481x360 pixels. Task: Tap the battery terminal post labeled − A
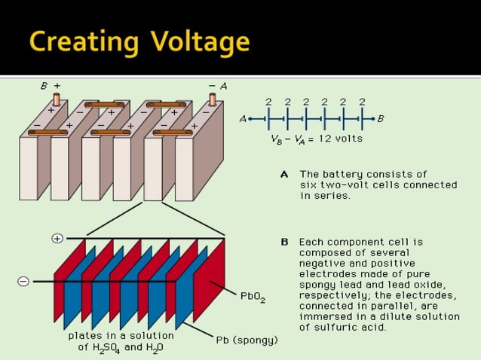point(212,99)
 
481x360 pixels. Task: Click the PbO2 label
point(253,297)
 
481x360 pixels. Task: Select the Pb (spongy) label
point(247,340)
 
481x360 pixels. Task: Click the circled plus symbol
point(57,239)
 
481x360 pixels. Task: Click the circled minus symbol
point(23,281)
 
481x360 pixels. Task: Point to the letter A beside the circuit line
point(243,119)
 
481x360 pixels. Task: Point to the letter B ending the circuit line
point(381,118)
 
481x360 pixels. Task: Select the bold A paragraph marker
point(284,174)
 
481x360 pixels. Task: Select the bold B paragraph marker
point(284,243)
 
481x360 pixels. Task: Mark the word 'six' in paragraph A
point(309,185)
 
